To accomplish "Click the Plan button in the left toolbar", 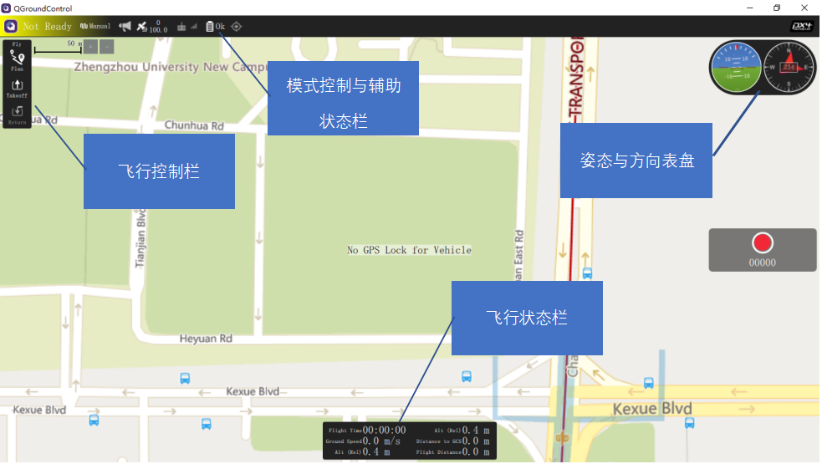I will (x=17, y=60).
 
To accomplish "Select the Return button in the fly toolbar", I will (x=17, y=115).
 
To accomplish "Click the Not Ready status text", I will (x=47, y=27).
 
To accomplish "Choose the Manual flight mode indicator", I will (x=95, y=27).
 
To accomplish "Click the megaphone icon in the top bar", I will (x=125, y=27).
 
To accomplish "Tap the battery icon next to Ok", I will (x=210, y=27).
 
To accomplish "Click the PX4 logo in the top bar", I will (x=802, y=26).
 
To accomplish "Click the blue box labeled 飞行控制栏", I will (x=159, y=171).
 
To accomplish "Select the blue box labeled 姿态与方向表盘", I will (x=636, y=161).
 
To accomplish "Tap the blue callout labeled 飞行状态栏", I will (x=527, y=318).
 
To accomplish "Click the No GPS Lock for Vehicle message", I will (x=409, y=250).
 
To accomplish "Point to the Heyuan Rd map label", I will (x=206, y=339).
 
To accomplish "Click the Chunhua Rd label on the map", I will (x=194, y=126).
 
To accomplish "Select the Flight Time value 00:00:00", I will (x=384, y=430).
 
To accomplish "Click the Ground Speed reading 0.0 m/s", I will (x=381, y=441).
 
